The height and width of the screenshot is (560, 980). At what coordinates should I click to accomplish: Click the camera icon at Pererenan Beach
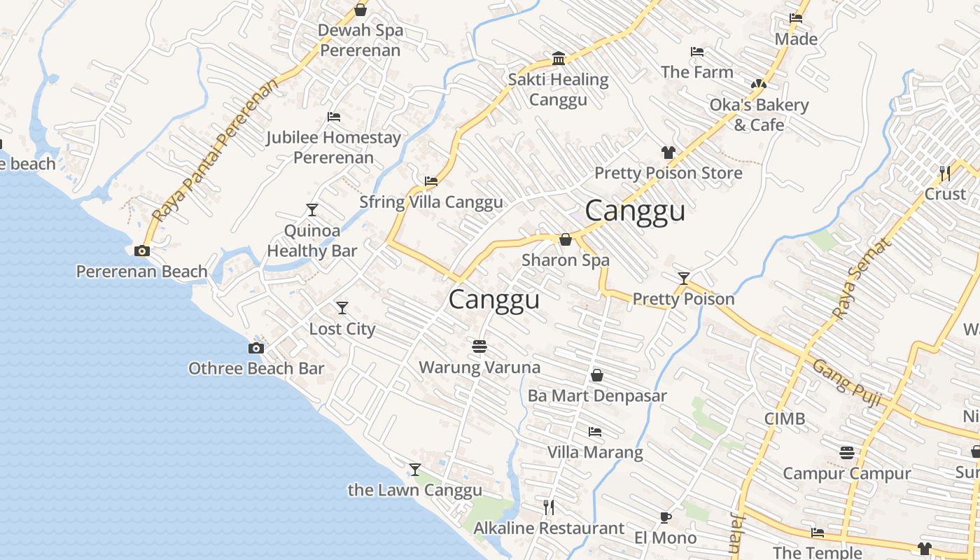click(142, 251)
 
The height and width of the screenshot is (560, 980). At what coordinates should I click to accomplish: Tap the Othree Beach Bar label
click(256, 368)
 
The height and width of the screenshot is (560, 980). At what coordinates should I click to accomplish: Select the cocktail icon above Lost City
click(342, 307)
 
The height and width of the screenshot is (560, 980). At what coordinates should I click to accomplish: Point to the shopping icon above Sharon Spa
click(566, 239)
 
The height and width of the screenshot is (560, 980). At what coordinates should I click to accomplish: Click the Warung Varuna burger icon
click(479, 346)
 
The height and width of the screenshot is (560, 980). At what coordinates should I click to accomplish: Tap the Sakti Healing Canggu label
click(558, 89)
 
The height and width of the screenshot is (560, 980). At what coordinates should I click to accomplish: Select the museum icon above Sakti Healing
click(558, 58)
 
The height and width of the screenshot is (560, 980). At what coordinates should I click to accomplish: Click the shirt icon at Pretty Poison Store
click(668, 152)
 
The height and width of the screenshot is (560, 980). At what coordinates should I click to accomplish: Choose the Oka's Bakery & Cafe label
click(759, 114)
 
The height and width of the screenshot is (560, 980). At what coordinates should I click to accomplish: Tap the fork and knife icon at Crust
click(944, 172)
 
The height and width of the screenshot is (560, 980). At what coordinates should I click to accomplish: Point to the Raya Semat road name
click(862, 278)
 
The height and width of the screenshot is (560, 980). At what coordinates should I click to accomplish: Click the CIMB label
click(784, 419)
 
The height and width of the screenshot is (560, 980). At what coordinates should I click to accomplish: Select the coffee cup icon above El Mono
click(665, 517)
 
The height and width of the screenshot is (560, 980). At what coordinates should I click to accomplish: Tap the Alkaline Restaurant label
click(549, 528)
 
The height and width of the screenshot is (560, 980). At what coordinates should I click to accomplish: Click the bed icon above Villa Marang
click(595, 431)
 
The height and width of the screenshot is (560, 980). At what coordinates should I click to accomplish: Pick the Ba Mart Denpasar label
click(597, 395)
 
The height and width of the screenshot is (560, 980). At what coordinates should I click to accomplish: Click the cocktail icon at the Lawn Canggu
click(415, 469)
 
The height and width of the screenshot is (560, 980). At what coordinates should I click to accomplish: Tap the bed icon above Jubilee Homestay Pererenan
click(334, 117)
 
